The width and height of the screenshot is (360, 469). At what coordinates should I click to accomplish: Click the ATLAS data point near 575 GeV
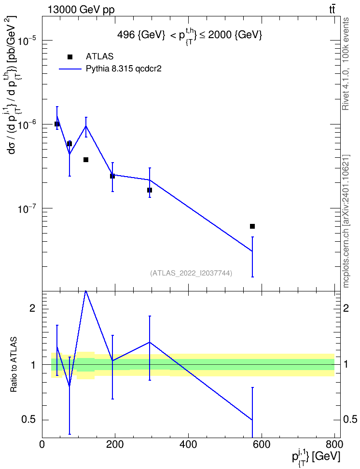[252, 226]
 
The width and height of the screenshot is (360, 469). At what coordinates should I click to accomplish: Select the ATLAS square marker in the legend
[70, 57]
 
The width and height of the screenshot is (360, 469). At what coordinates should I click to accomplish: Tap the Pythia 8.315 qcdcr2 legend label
[124, 69]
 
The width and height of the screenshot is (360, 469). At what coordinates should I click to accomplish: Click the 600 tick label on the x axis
[262, 444]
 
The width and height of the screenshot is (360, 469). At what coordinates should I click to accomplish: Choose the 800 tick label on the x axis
[334, 444]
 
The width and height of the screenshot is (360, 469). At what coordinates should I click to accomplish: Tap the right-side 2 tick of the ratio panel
[346, 308]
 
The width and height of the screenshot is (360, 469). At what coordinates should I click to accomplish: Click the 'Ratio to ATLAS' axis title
[14, 364]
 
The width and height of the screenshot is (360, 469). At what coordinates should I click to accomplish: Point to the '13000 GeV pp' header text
[81, 10]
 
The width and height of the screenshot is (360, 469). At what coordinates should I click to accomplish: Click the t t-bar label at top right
[332, 10]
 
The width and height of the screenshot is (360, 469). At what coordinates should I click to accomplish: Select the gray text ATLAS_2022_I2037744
[191, 273]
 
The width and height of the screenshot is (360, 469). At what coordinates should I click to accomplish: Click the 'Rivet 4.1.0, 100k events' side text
[346, 64]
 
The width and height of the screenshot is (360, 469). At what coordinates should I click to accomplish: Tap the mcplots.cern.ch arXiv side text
[346, 221]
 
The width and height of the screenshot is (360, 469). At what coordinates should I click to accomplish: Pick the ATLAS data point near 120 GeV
[86, 160]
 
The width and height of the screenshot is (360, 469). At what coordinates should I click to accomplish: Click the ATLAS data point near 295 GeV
[150, 190]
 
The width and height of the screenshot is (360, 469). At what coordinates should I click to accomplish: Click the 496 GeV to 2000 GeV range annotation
[190, 35]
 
